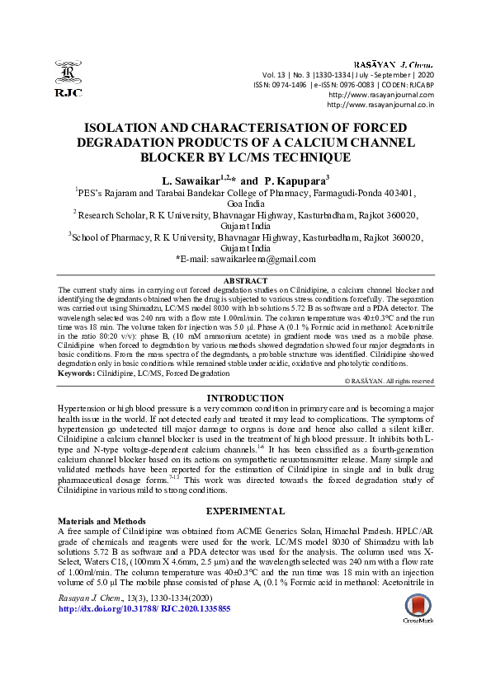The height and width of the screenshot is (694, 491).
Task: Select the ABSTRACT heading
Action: click(245, 281)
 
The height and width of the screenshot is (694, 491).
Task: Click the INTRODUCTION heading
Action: click(245, 397)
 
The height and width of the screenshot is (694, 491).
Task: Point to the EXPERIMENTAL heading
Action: click(245, 511)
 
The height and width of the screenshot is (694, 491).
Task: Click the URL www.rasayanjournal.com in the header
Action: click(380, 95)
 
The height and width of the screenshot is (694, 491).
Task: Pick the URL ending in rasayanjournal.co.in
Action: click(380, 105)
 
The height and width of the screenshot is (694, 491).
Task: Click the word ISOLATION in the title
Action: click(130, 128)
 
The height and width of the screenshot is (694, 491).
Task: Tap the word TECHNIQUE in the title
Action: click(305, 157)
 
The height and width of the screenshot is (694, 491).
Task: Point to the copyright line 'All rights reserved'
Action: click(408, 382)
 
